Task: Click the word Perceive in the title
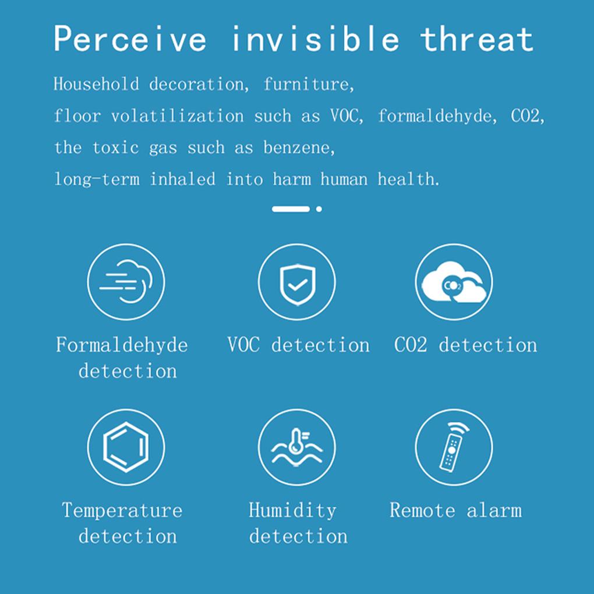(x=130, y=39)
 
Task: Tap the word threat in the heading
(x=476, y=39)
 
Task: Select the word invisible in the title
(x=315, y=38)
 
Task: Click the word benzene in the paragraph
(x=299, y=147)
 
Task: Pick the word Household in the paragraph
(x=96, y=84)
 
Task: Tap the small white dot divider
(x=319, y=209)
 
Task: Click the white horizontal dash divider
(x=291, y=209)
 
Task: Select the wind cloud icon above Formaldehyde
(x=126, y=282)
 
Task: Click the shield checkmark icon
(x=298, y=284)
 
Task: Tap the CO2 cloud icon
(x=454, y=282)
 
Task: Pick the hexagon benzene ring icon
(x=126, y=447)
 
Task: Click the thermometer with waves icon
(x=296, y=447)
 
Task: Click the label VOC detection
(x=298, y=345)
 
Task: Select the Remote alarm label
(x=456, y=510)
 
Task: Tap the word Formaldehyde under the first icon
(x=122, y=345)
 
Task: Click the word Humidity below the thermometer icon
(x=292, y=510)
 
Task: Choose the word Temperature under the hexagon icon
(x=122, y=510)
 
